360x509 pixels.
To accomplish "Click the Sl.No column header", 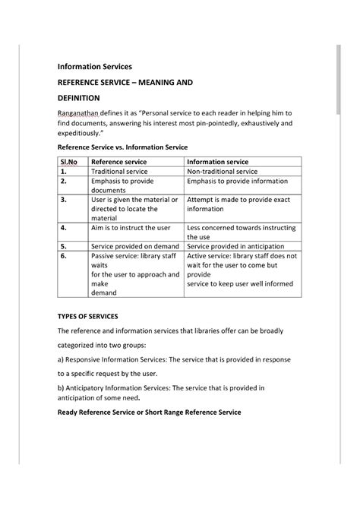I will [x=69, y=162].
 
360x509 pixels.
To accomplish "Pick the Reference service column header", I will [x=118, y=162].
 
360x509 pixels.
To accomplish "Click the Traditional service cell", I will [x=119, y=172].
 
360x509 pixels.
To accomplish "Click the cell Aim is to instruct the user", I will [x=131, y=227].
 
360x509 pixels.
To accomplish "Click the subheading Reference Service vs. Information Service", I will [x=133, y=147].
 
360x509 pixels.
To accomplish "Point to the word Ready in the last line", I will [x=71, y=412].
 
